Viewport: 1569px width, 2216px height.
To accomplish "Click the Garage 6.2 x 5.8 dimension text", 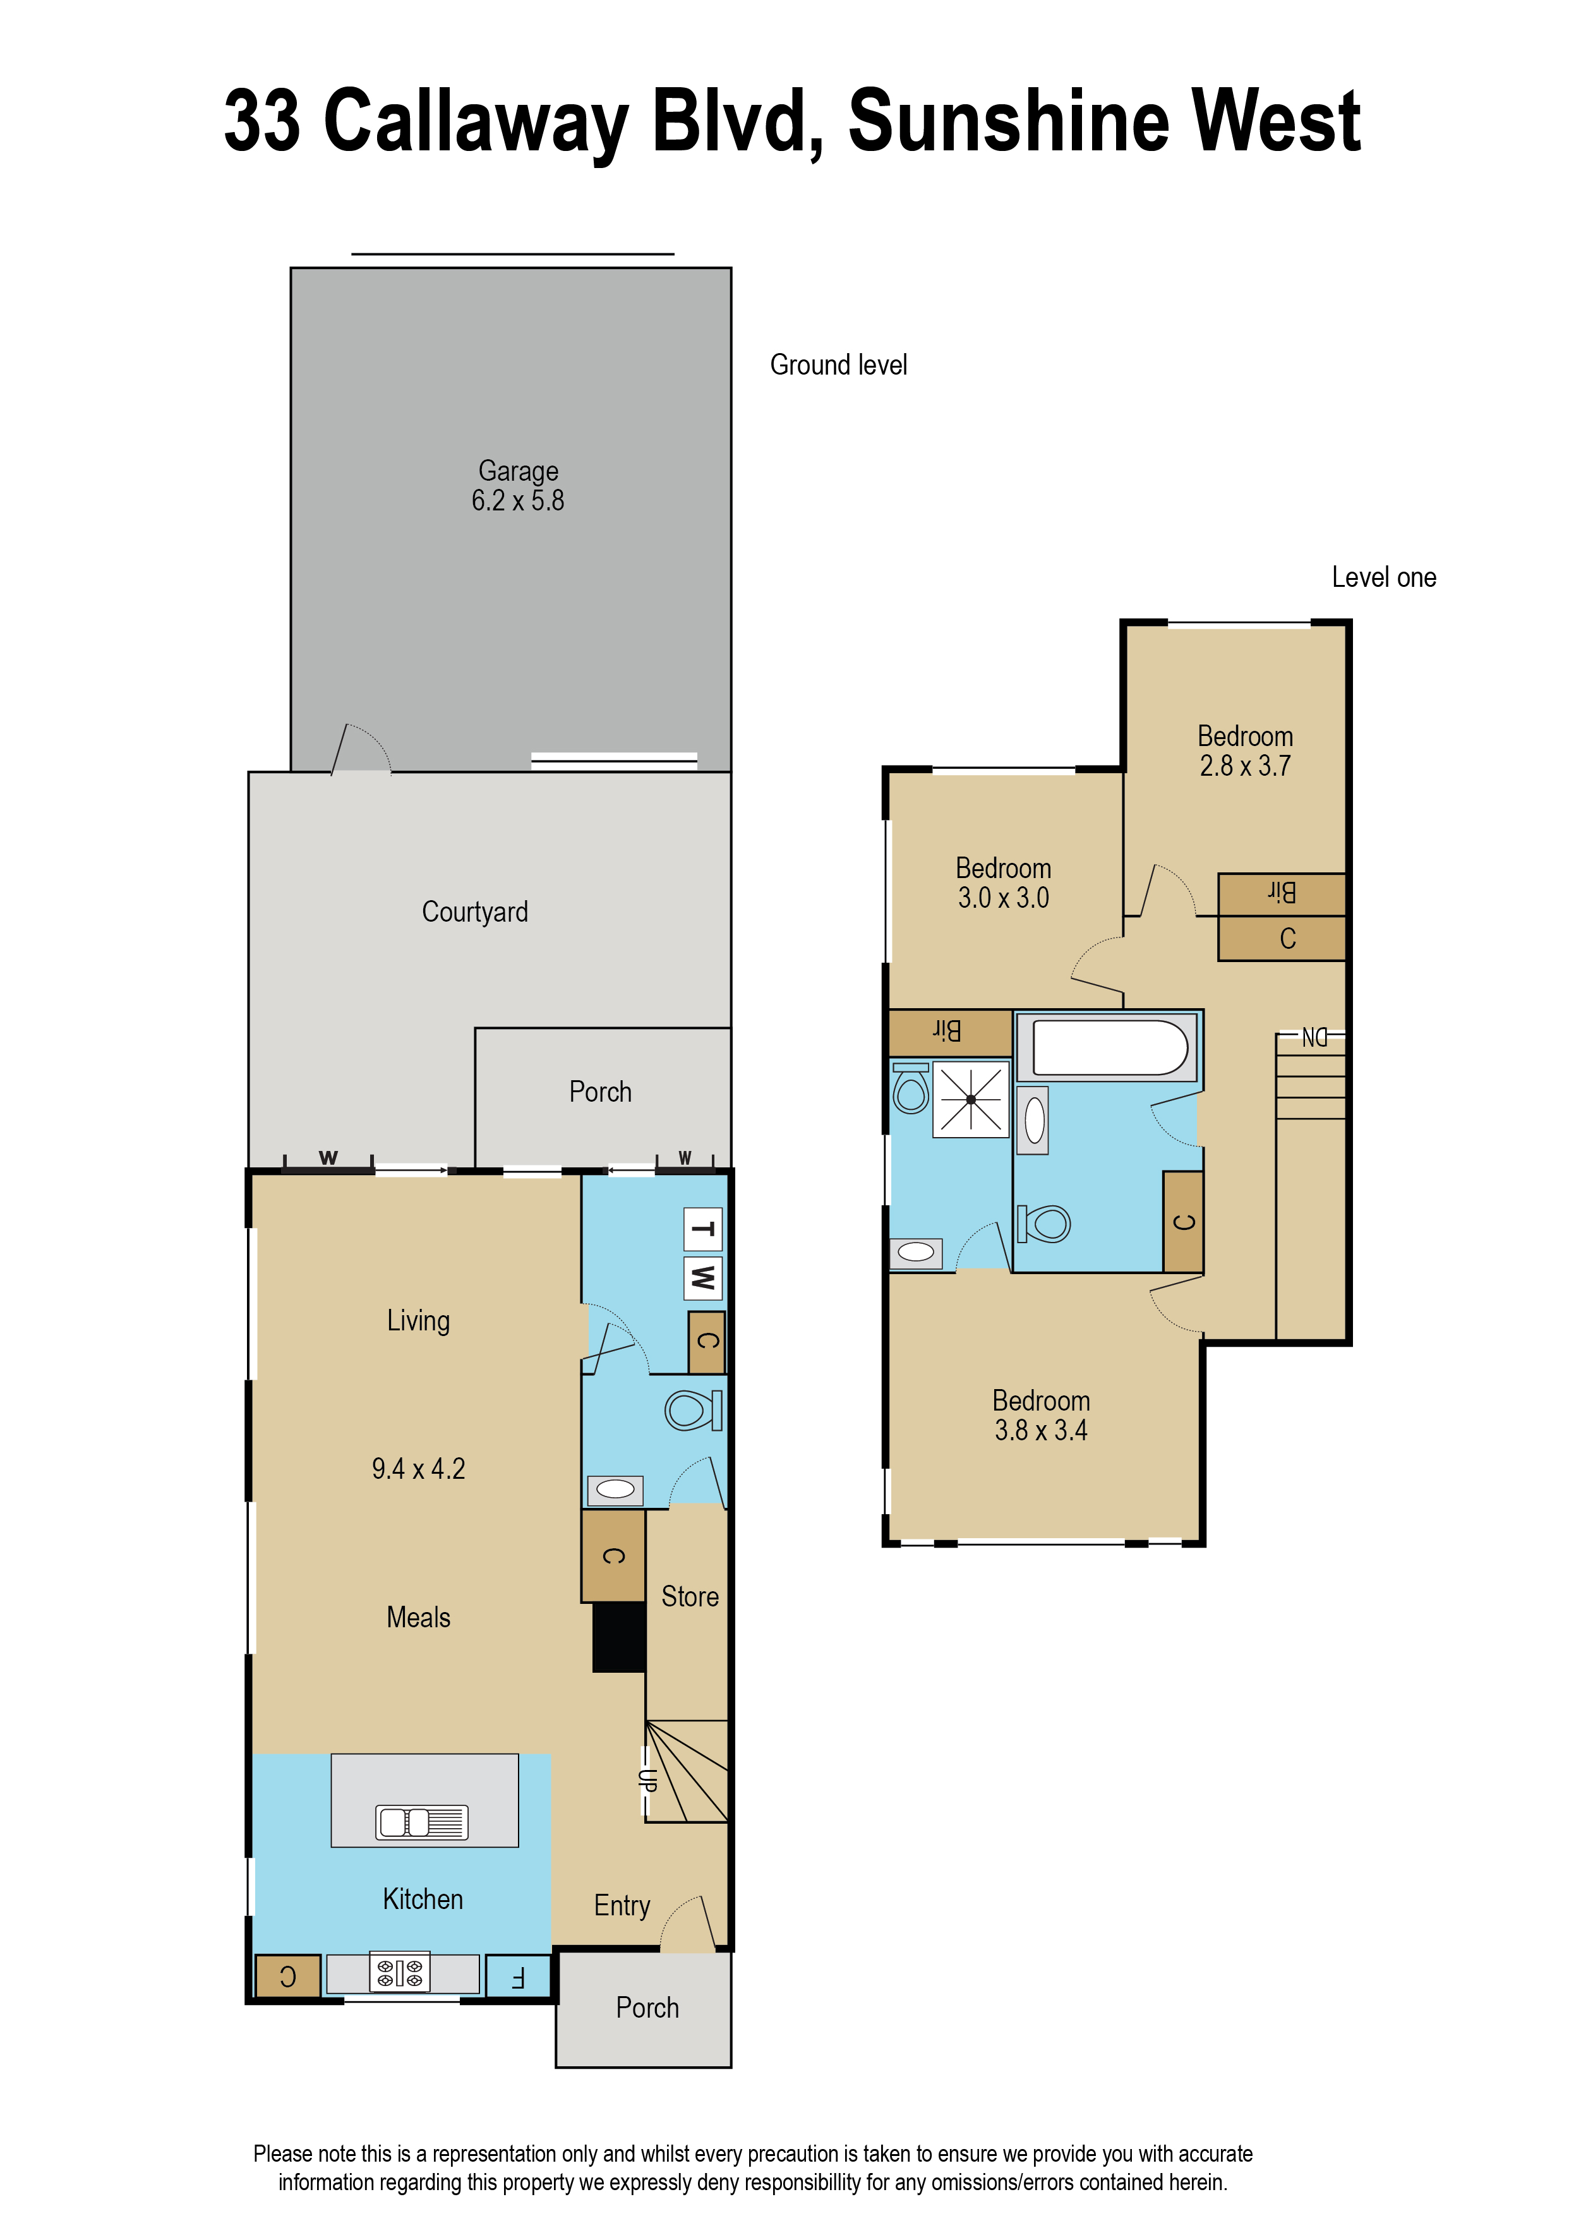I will (518, 500).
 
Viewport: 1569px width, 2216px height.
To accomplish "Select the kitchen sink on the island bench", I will (422, 1822).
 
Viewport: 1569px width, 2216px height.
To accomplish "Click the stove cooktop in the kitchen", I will (399, 1973).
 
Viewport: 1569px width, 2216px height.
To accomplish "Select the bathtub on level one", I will (1109, 1047).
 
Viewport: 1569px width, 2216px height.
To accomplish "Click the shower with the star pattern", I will (970, 1099).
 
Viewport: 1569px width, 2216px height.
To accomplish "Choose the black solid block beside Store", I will (618, 1636).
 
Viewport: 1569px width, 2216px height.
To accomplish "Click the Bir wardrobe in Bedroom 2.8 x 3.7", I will (1281, 894).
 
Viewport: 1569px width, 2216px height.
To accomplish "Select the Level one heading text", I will (1383, 577).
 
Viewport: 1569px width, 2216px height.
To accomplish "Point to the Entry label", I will (622, 1905).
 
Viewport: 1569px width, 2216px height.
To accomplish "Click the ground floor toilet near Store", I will (692, 1411).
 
